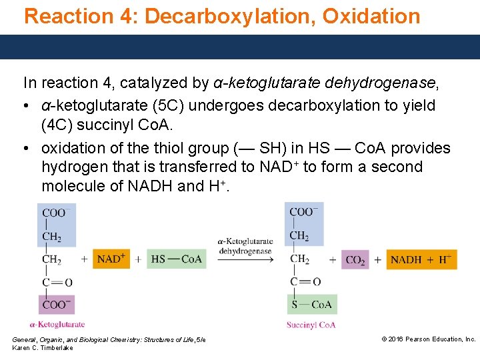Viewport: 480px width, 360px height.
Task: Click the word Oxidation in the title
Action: point(371,16)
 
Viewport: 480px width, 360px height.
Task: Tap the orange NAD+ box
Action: point(111,259)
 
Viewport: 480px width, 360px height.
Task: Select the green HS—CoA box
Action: point(176,259)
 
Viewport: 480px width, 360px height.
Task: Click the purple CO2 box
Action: point(355,259)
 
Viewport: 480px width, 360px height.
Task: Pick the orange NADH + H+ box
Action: point(421,259)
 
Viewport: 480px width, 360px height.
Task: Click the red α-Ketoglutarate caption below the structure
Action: point(57,325)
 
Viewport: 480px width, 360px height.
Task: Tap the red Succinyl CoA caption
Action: point(311,325)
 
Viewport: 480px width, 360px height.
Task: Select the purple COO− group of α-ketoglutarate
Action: point(57,304)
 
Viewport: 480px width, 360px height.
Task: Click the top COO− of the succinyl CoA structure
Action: point(304,212)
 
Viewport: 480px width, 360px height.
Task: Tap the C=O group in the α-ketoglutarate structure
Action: point(57,283)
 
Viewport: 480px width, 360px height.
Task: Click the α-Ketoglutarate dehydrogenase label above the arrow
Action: point(245,246)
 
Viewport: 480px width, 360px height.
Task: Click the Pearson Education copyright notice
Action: point(428,339)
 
